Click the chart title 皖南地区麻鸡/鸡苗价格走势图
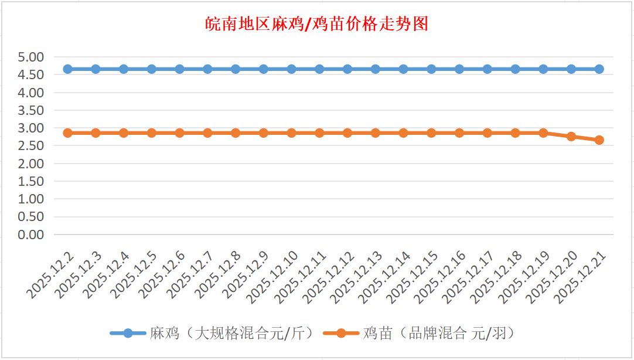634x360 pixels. (x=317, y=24)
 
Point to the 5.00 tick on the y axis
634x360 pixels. (x=31, y=57)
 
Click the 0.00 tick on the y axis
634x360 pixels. (x=31, y=235)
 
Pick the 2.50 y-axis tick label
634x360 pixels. (x=31, y=146)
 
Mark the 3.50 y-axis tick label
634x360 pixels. (x=31, y=110)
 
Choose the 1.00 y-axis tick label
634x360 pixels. (x=31, y=199)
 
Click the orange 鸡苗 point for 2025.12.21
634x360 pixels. (x=599, y=140)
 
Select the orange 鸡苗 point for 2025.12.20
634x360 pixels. (x=571, y=137)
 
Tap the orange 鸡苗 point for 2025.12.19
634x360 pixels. (x=543, y=133)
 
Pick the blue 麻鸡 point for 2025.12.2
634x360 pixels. (x=68, y=69)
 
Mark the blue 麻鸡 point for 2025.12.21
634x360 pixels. (x=599, y=69)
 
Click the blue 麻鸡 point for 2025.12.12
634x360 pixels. (x=347, y=69)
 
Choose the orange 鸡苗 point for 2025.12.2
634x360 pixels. (x=68, y=133)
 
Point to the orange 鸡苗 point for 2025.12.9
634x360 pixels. (x=264, y=133)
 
